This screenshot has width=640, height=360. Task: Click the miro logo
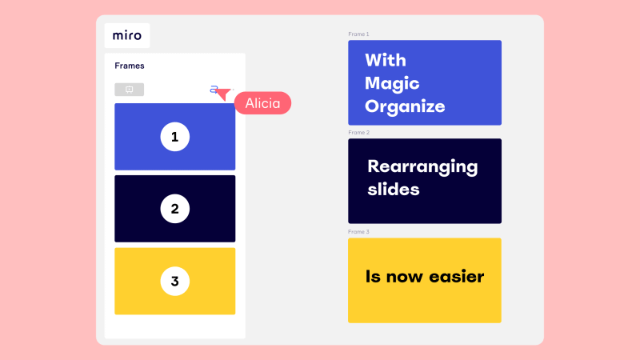tap(127, 35)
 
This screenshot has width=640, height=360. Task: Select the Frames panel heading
tap(130, 66)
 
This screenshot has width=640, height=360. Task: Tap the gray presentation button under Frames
tap(129, 90)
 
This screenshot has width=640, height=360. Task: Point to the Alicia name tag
tap(262, 103)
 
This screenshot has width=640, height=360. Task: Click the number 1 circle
tap(174, 137)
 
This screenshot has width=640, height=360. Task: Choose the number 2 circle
tap(174, 209)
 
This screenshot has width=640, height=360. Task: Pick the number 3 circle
tap(174, 281)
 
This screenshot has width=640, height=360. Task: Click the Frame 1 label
tap(358, 34)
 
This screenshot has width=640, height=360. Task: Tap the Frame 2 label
tap(358, 133)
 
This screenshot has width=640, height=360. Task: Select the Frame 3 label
tap(358, 232)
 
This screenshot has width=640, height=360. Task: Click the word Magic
tap(392, 84)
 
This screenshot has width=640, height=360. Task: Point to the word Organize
tap(405, 107)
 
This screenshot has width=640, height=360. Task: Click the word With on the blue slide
tap(386, 61)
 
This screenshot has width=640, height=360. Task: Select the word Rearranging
tap(422, 167)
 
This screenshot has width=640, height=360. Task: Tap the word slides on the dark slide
tap(394, 190)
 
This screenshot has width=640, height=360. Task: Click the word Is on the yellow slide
tap(373, 277)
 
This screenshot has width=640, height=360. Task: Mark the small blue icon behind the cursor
tap(213, 89)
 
